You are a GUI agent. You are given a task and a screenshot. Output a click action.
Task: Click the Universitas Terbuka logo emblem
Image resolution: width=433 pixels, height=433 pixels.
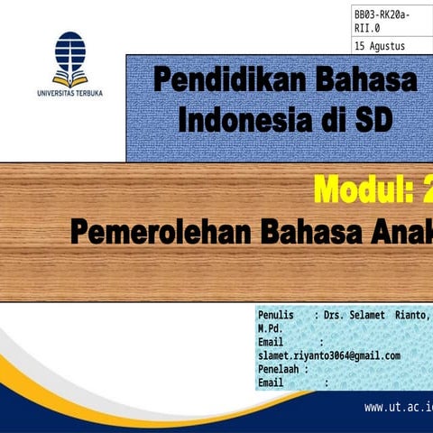click(x=69, y=58)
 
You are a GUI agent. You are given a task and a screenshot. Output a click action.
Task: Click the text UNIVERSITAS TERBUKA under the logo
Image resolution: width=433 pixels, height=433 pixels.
click(x=69, y=92)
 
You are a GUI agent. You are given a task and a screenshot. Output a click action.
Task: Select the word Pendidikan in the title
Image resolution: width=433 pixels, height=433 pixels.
click(x=229, y=80)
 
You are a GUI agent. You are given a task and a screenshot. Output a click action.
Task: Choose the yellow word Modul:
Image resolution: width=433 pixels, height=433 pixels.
click(x=361, y=190)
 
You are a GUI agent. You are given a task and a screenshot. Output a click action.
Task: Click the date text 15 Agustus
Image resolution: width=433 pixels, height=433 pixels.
click(x=380, y=46)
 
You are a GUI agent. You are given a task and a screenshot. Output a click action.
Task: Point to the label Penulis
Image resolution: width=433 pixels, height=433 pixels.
click(x=276, y=316)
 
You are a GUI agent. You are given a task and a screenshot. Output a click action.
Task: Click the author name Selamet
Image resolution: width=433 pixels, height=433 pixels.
click(x=373, y=316)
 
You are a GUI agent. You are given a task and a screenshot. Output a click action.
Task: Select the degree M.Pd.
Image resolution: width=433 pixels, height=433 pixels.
click(x=271, y=328)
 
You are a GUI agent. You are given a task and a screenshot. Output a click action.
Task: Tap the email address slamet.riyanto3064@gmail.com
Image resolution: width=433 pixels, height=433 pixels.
click(x=328, y=355)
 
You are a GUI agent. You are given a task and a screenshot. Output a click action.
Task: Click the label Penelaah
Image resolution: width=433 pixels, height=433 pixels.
click(x=280, y=369)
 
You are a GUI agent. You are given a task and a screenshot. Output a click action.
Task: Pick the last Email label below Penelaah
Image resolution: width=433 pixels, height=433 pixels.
click(x=271, y=382)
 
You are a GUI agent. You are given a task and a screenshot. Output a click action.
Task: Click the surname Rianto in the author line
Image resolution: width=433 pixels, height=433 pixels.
click(x=411, y=316)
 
